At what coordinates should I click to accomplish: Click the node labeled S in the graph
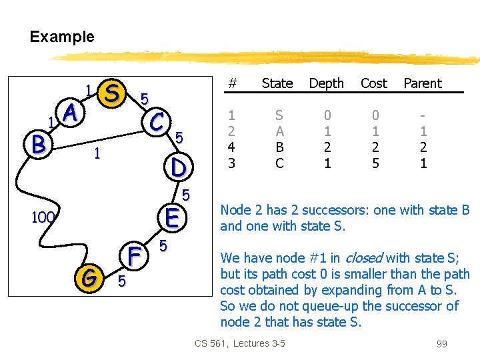[113, 93]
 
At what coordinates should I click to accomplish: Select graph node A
[71, 115]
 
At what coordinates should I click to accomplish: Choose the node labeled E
[171, 217]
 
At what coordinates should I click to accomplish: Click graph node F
[134, 255]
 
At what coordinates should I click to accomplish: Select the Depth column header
[326, 83]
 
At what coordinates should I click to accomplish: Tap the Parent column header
[423, 83]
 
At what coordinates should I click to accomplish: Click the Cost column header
[373, 83]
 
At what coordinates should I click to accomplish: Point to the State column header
[277, 83]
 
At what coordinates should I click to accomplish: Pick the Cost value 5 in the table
[375, 163]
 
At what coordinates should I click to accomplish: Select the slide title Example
[62, 37]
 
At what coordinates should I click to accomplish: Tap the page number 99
[441, 344]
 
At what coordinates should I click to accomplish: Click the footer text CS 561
[210, 344]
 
